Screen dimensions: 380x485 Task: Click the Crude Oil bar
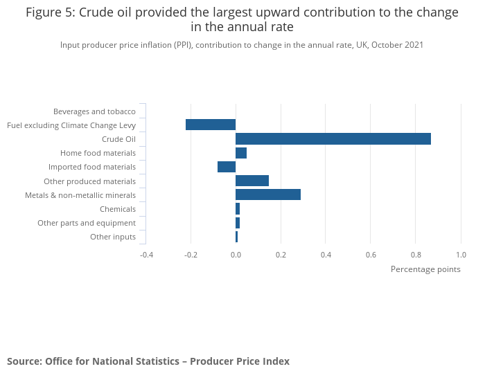pyautogui.click(x=333, y=139)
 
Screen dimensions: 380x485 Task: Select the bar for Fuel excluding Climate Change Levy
pyautogui.click(x=211, y=125)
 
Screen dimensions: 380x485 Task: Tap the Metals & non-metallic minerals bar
pyautogui.click(x=268, y=194)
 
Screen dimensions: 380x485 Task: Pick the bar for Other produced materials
pyautogui.click(x=252, y=181)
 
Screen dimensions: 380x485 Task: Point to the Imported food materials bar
pyautogui.click(x=227, y=167)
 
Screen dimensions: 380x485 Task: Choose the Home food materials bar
pyautogui.click(x=241, y=153)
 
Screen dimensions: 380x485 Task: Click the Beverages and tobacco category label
pyautogui.click(x=94, y=111)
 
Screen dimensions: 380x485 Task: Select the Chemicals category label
pyautogui.click(x=118, y=209)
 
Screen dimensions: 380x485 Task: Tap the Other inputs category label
pyautogui.click(x=113, y=237)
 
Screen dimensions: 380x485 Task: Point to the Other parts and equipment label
pyautogui.click(x=87, y=223)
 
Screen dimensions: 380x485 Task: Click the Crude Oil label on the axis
pyautogui.click(x=118, y=139)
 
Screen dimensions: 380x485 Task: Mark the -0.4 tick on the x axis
pyautogui.click(x=146, y=254)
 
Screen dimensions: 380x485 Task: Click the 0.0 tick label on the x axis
pyautogui.click(x=236, y=254)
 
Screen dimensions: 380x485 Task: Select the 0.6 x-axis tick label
pyautogui.click(x=371, y=254)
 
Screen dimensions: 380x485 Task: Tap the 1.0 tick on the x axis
pyautogui.click(x=461, y=254)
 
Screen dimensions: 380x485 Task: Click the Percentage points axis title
pyautogui.click(x=425, y=269)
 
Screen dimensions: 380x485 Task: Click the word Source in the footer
pyautogui.click(x=24, y=361)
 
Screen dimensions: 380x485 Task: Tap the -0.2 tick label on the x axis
pyautogui.click(x=191, y=254)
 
